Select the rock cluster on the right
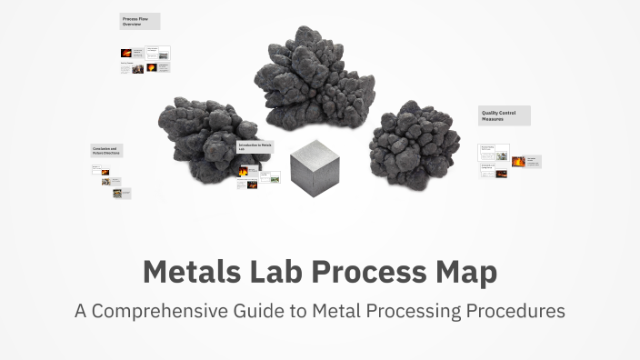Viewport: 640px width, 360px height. pyautogui.click(x=413, y=145)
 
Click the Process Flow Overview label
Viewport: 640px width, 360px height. pyautogui.click(x=138, y=21)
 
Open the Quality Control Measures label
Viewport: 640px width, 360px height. pyautogui.click(x=504, y=115)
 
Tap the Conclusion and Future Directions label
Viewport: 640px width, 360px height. pyautogui.click(x=105, y=150)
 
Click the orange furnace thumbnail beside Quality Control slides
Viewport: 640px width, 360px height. pyautogui.click(x=518, y=162)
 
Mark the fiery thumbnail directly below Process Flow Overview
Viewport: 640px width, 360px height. pyautogui.click(x=126, y=53)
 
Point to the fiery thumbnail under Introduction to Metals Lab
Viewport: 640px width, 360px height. pyautogui.click(x=244, y=170)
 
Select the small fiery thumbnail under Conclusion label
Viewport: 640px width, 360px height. pyautogui.click(x=105, y=172)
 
